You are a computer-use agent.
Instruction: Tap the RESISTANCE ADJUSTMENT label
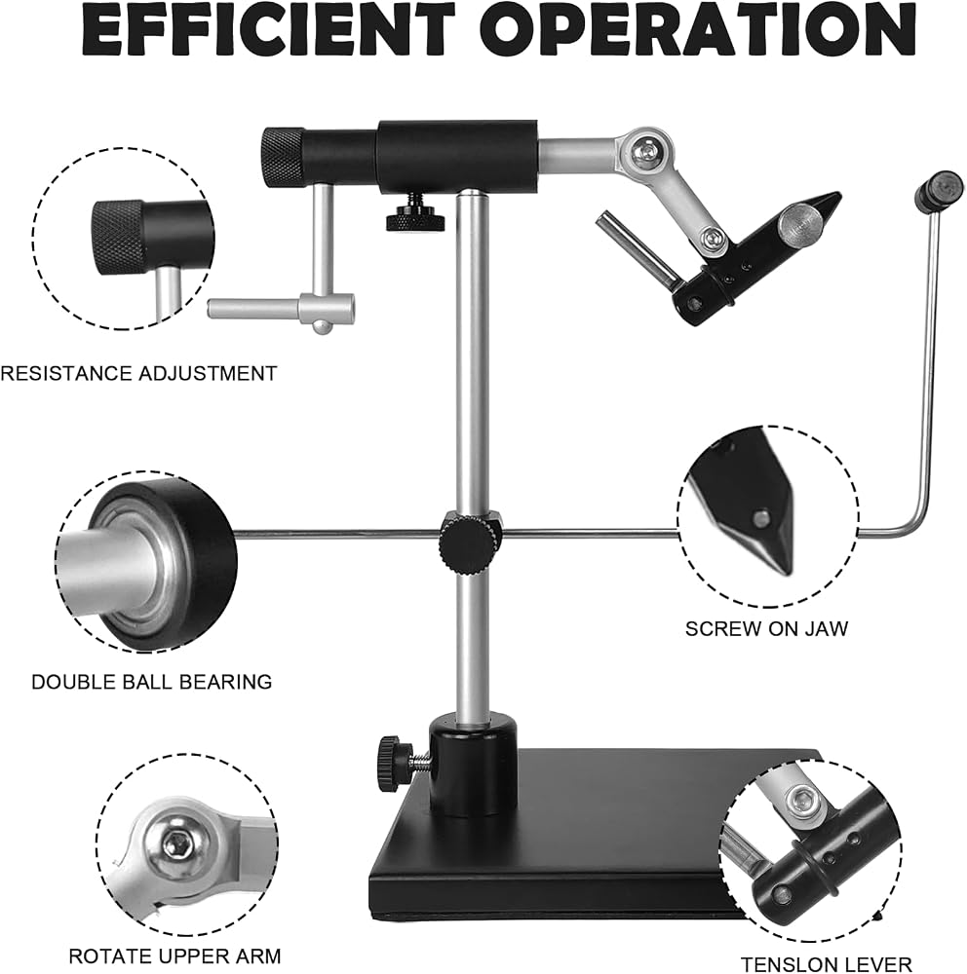[138, 374]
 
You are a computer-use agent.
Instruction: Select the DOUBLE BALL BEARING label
[152, 682]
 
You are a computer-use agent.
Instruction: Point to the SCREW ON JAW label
[767, 628]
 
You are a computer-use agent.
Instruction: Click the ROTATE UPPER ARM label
[174, 956]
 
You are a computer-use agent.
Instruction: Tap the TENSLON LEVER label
[827, 964]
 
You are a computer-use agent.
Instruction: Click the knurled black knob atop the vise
[283, 158]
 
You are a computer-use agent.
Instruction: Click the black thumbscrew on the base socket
[390, 765]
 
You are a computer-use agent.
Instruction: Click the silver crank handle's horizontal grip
[282, 308]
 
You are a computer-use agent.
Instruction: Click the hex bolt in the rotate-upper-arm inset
[175, 843]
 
